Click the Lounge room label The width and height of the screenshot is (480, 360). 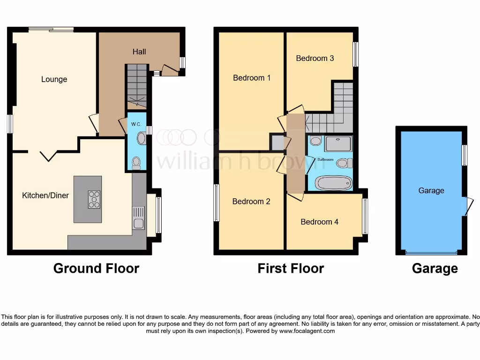pyautogui.click(x=54, y=79)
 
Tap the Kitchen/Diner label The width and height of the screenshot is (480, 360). pyautogui.click(x=45, y=195)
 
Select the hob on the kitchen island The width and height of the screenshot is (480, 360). pyautogui.click(x=94, y=199)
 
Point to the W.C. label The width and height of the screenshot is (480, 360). pyautogui.click(x=136, y=124)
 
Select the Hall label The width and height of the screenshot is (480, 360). pyautogui.click(x=139, y=52)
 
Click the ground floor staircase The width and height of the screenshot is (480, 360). pyautogui.click(x=136, y=87)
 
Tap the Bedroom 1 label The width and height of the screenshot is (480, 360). pyautogui.click(x=252, y=78)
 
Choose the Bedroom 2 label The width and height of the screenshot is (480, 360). pyautogui.click(x=251, y=202)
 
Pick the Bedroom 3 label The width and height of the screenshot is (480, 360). pyautogui.click(x=315, y=58)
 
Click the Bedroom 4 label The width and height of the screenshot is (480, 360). pyautogui.click(x=320, y=222)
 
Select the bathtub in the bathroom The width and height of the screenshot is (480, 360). pyautogui.click(x=332, y=182)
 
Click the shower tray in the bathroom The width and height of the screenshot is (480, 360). pyautogui.click(x=337, y=143)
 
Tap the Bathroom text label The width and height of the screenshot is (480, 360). pyautogui.click(x=325, y=159)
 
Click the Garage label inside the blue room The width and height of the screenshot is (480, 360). pyautogui.click(x=431, y=191)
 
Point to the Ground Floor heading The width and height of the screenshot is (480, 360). pyautogui.click(x=96, y=269)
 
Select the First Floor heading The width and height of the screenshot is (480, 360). pyautogui.click(x=291, y=269)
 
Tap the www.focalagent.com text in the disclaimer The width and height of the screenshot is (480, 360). pyautogui.click(x=307, y=331)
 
